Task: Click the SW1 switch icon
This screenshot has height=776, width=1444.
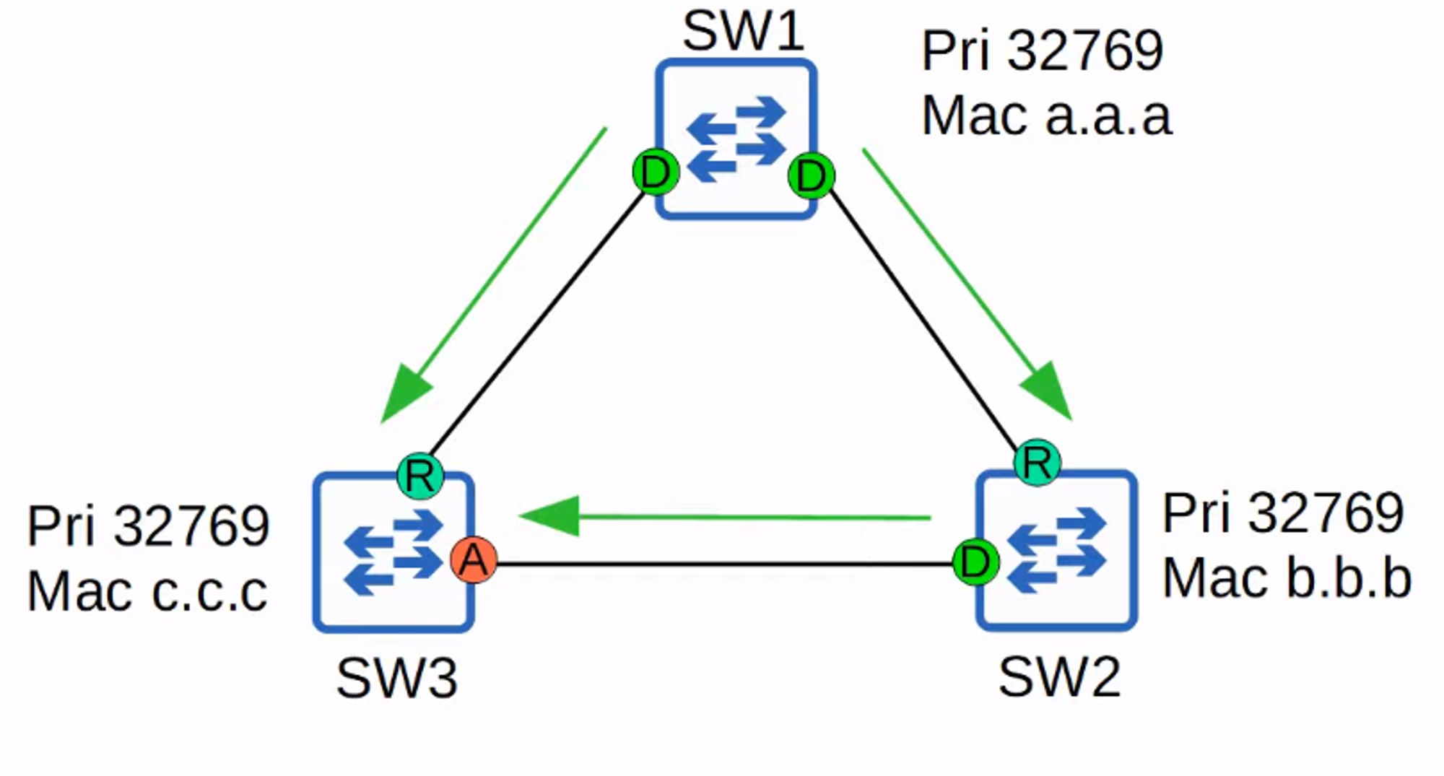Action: click(x=736, y=139)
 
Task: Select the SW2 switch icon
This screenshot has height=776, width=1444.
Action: click(x=1057, y=551)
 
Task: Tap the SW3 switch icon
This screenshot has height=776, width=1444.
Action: click(x=393, y=552)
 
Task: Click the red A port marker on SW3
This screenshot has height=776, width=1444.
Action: click(x=474, y=560)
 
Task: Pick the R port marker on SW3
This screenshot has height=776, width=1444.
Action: click(x=420, y=476)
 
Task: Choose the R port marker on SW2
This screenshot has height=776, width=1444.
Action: click(x=1038, y=463)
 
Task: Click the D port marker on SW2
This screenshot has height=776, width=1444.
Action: click(x=975, y=562)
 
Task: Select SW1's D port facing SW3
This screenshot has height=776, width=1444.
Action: click(x=656, y=173)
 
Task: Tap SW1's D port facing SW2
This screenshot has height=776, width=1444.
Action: click(x=812, y=175)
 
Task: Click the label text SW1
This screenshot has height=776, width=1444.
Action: click(x=743, y=32)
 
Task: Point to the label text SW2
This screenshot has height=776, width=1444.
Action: click(x=1059, y=677)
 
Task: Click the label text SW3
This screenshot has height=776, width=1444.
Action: click(x=397, y=679)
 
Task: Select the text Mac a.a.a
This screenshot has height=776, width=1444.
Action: click(x=1046, y=115)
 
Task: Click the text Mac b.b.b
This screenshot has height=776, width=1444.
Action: click(x=1287, y=578)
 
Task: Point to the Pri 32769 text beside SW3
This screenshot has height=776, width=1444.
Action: click(x=148, y=526)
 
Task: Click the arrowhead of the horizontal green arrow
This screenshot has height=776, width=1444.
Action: click(x=552, y=516)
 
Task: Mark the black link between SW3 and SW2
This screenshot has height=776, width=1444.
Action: click(x=722, y=564)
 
